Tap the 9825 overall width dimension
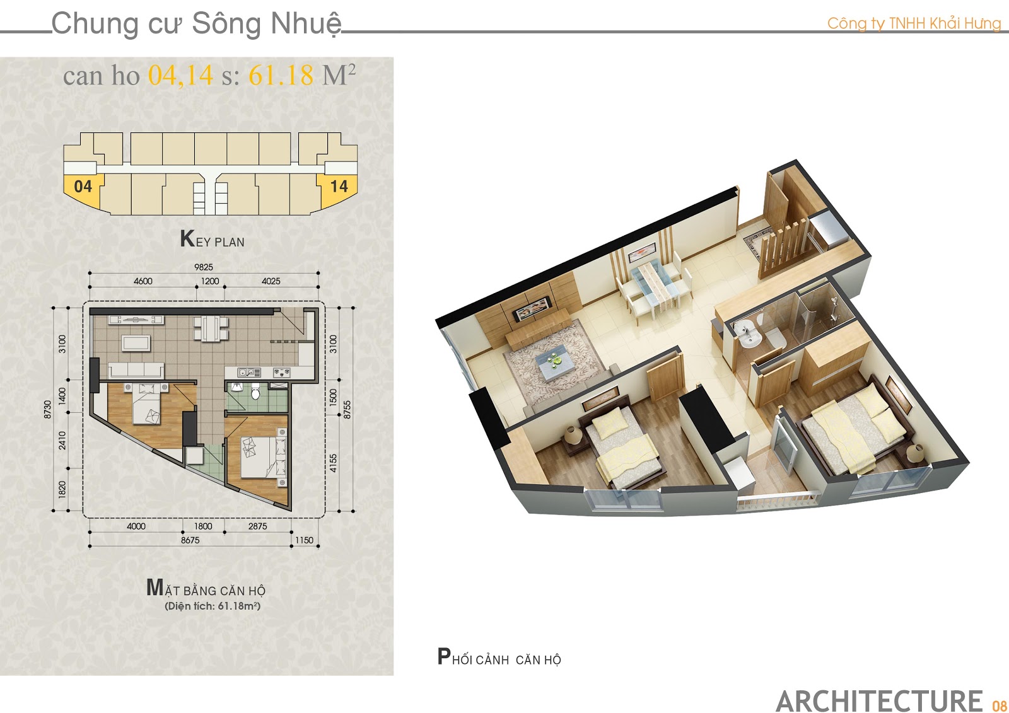[204, 267]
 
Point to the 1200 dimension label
[210, 281]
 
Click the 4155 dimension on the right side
[333, 463]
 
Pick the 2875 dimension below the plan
[258, 526]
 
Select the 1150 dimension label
[304, 540]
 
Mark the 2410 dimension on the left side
[62, 441]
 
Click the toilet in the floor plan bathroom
[256, 391]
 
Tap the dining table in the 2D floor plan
[211, 328]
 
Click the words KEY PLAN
[212, 239]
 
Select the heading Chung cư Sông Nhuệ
[196, 23]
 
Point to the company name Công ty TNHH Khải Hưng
[914, 23]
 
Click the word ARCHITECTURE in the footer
[879, 701]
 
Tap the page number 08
[999, 705]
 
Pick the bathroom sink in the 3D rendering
[748, 335]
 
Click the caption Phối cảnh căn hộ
[499, 657]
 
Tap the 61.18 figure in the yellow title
[281, 75]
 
